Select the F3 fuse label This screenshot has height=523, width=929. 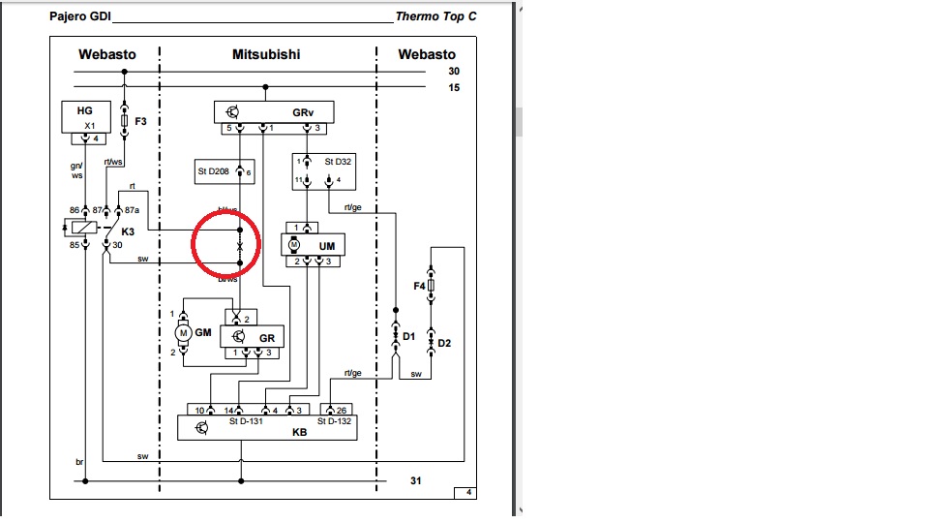[140, 122]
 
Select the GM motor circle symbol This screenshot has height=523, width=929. [181, 333]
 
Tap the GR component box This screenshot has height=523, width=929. [254, 337]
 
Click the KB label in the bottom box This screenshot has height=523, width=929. [300, 432]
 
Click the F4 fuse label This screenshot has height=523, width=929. [419, 286]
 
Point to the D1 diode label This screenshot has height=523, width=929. [408, 336]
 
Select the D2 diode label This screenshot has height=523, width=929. [444, 343]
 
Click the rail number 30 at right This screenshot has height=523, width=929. [453, 72]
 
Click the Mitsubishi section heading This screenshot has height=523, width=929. [266, 54]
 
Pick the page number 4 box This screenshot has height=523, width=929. [468, 493]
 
